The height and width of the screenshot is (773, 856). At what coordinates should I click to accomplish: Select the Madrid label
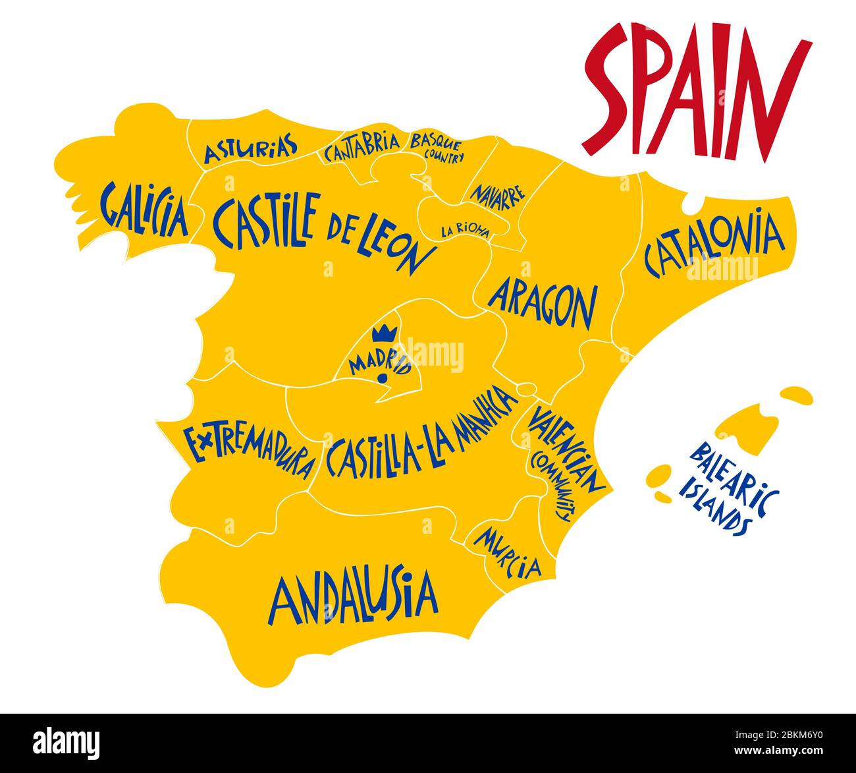point(380,361)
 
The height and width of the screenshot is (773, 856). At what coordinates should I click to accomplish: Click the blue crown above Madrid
point(382,333)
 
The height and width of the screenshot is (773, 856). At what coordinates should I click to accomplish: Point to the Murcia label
point(508,552)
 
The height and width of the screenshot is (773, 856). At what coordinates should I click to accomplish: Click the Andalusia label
point(353,598)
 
